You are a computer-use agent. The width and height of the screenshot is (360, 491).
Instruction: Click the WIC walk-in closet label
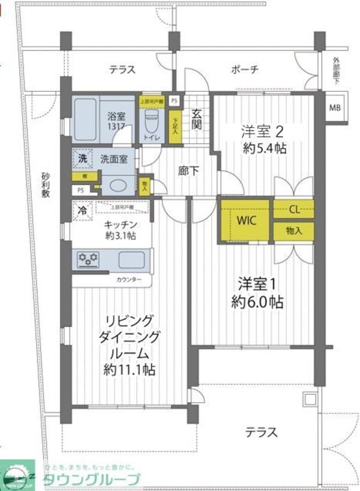tap(246, 220)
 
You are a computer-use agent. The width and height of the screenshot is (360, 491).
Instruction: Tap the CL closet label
tap(294, 209)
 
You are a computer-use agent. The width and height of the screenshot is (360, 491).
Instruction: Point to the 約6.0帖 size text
tap(259, 301)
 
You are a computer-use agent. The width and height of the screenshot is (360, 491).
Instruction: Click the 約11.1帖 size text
tap(130, 369)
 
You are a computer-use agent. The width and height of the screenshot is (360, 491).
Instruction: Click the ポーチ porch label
tap(245, 70)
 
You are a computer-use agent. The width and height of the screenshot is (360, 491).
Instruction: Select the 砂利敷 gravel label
tap(46, 185)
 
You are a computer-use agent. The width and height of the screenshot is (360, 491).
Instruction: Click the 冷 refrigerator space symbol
tap(82, 210)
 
